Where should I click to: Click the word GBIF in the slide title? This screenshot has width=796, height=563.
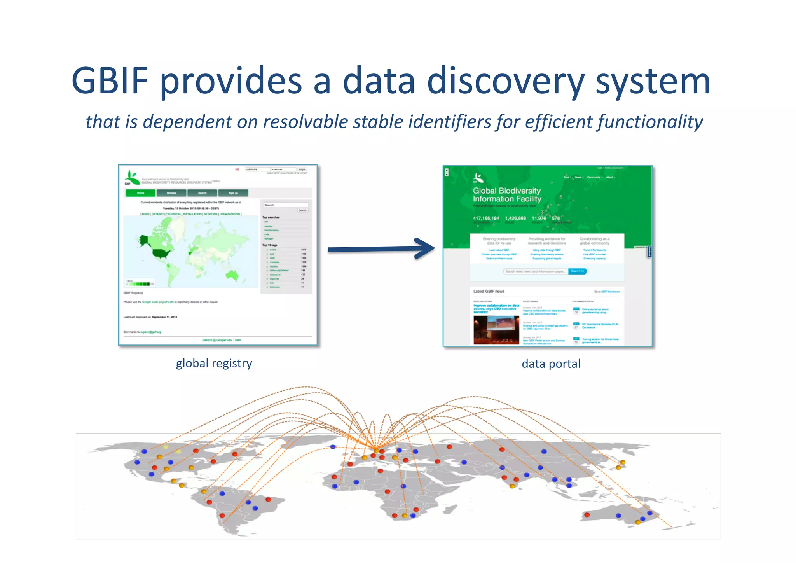110,81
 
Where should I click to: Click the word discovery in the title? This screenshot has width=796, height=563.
506,81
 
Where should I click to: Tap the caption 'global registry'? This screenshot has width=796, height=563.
214,363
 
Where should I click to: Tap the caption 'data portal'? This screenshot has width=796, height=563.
551,364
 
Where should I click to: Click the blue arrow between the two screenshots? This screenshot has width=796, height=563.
381,249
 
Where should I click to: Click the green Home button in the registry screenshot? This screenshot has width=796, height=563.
140,193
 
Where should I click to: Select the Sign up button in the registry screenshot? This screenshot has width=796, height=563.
233,193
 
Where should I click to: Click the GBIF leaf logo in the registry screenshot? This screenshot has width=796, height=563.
132,178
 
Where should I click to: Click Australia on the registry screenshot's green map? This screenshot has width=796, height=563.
232,275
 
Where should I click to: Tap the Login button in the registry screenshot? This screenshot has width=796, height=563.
302,170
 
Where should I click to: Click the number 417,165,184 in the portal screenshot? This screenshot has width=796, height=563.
486,218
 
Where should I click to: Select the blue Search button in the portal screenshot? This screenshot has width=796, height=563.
577,271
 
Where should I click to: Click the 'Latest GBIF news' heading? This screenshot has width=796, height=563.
489,291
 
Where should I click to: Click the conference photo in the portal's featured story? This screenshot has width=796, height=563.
496,330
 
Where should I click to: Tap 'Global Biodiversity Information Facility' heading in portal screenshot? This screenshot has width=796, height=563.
507,194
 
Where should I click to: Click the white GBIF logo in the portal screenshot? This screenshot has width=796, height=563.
478,178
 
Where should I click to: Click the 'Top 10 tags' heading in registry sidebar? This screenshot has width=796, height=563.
270,245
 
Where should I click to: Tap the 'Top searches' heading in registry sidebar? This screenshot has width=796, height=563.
271,217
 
